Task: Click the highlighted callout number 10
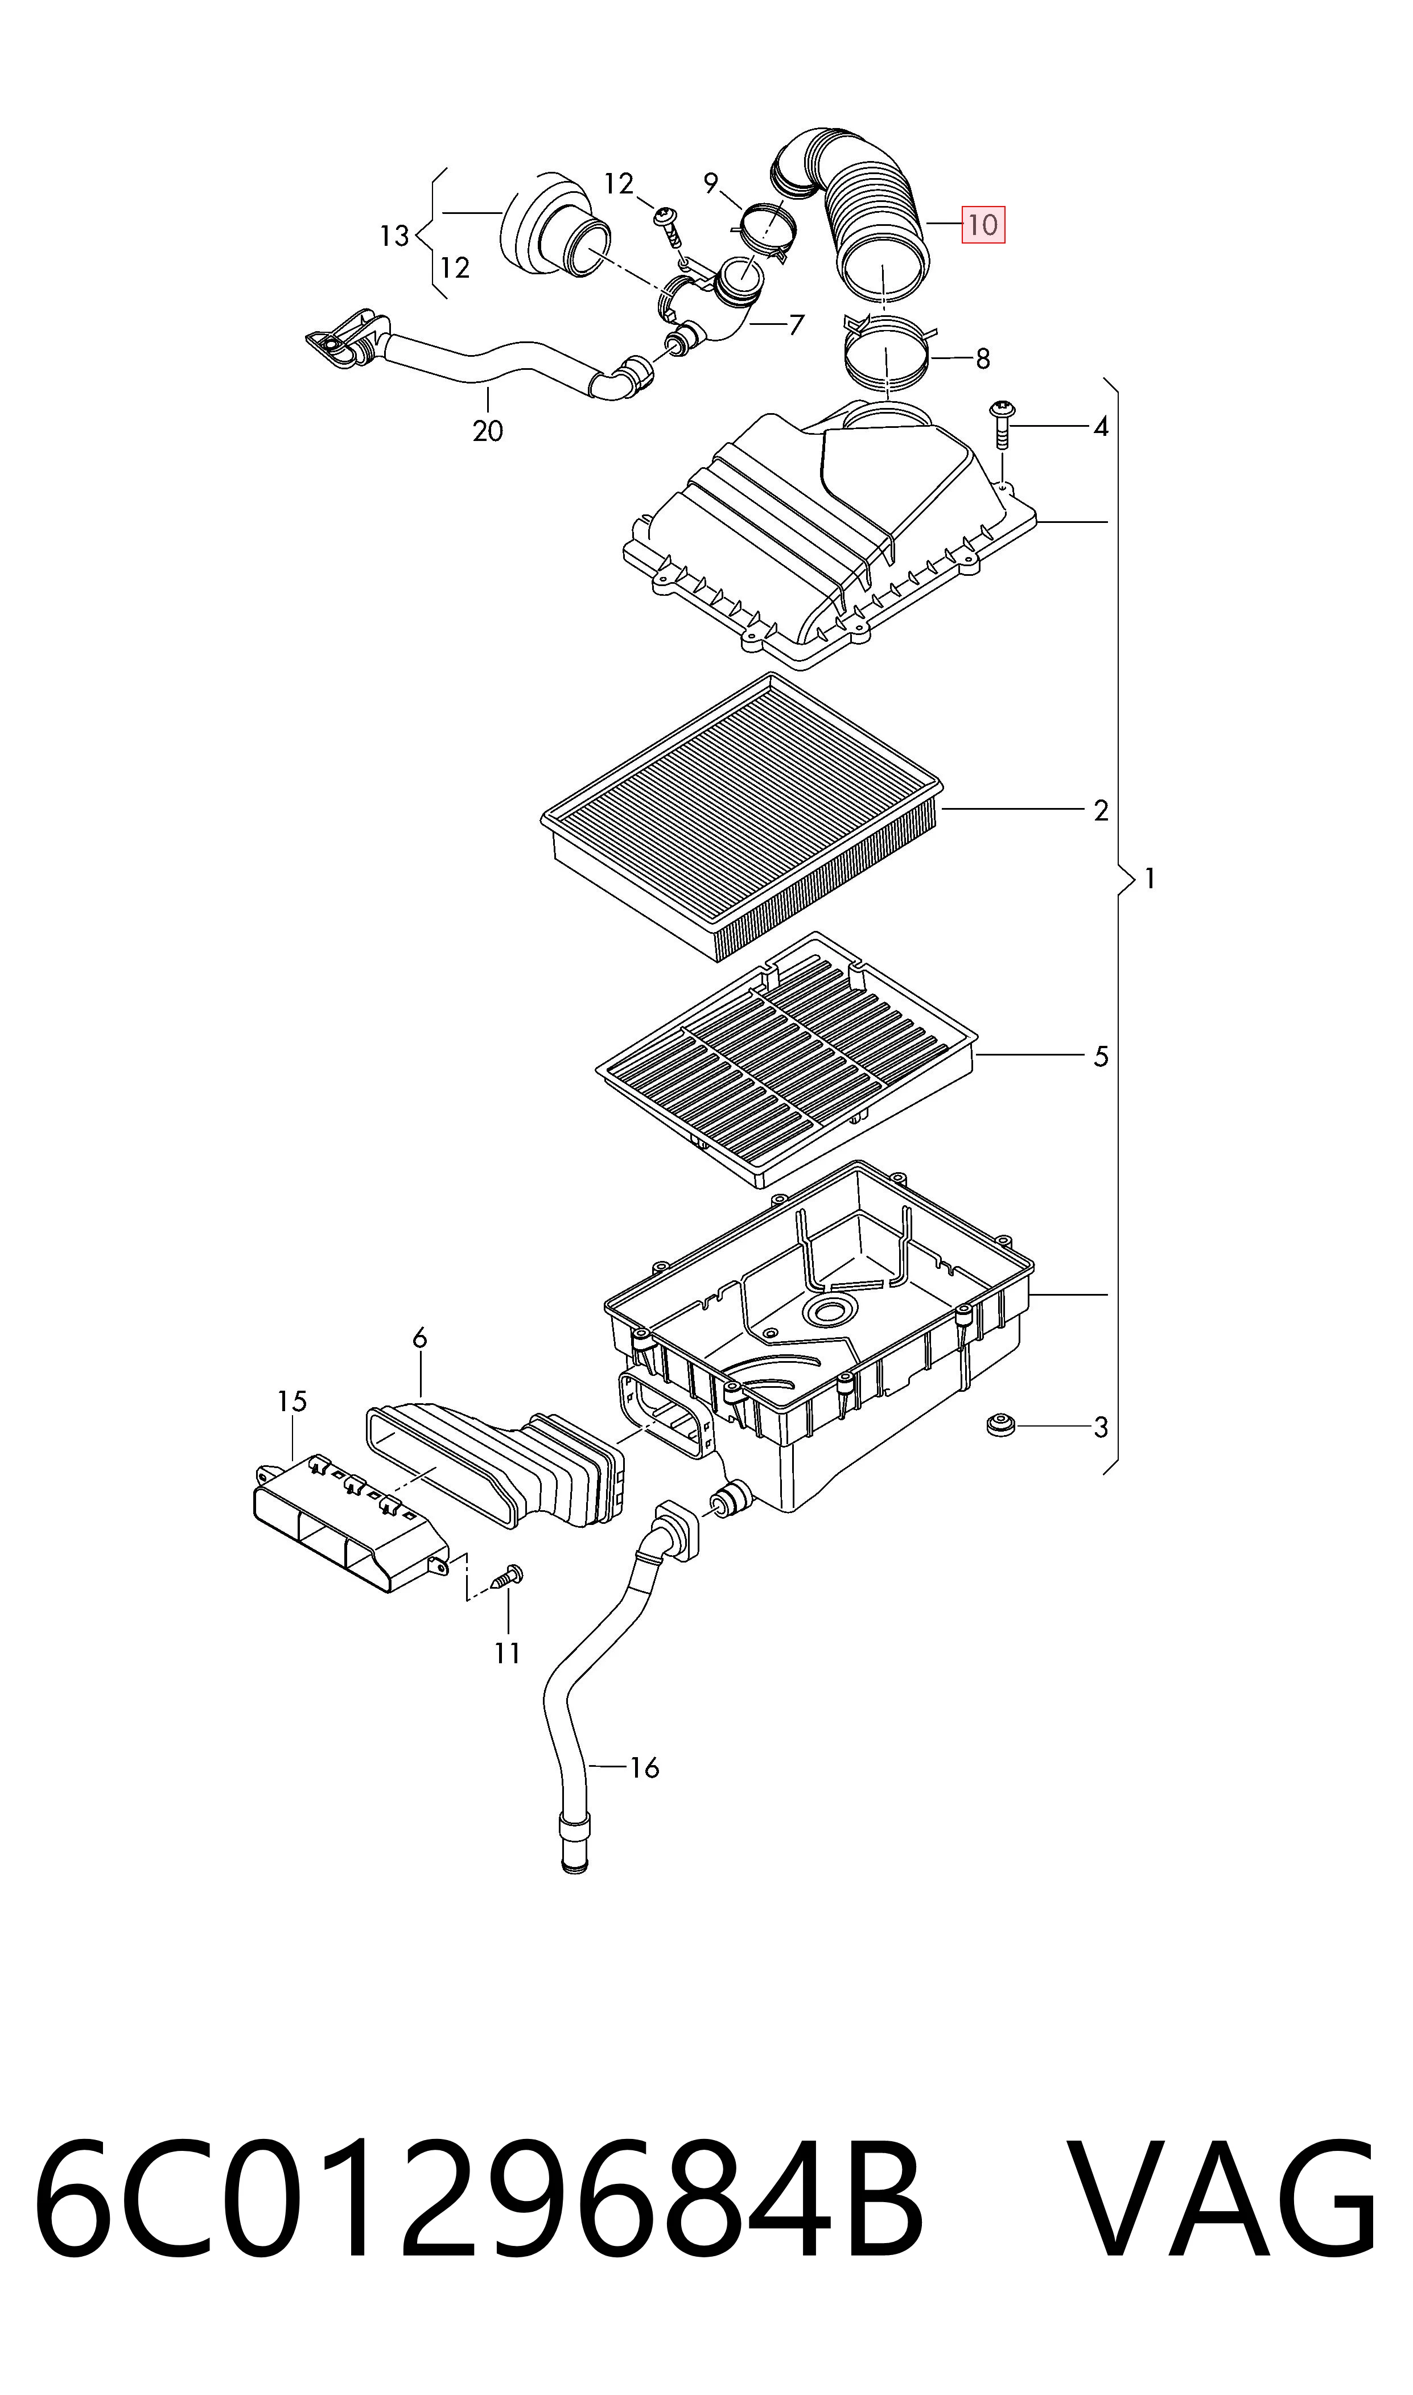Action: pyautogui.click(x=983, y=225)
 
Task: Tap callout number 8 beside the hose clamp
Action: pyautogui.click(x=983, y=359)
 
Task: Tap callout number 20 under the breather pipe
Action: pyautogui.click(x=488, y=431)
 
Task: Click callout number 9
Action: pyautogui.click(x=710, y=184)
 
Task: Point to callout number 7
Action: pyautogui.click(x=796, y=325)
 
